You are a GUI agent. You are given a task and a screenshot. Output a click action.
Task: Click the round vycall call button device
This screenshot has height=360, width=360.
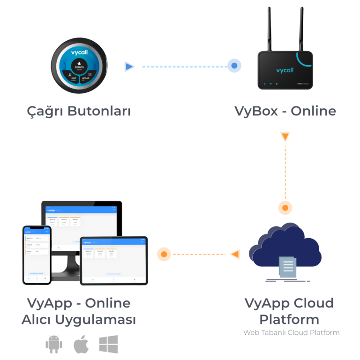pos(80,66)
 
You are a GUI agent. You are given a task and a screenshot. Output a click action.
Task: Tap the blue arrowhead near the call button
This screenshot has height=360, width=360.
pos(129,67)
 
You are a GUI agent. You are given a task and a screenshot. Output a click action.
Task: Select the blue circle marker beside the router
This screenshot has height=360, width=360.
pos(234,66)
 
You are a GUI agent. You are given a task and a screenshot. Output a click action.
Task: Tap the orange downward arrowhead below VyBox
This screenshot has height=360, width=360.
pos(285,137)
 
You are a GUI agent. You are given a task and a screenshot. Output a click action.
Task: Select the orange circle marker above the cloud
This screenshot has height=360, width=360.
pos(285,207)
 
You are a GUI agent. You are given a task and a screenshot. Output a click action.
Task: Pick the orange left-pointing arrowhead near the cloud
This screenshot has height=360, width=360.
pos(235,255)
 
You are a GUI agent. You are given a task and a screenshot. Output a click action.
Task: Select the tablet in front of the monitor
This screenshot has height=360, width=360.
pos(114,260)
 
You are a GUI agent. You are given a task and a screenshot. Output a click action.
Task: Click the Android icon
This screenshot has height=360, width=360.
pos(53,345)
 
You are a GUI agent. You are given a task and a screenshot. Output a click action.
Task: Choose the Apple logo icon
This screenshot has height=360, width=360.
pos(81,345)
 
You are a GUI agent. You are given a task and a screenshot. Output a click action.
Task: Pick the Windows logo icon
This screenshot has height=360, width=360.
pos(108,345)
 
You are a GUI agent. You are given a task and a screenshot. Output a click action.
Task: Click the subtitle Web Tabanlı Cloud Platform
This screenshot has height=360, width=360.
pos(291,332)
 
